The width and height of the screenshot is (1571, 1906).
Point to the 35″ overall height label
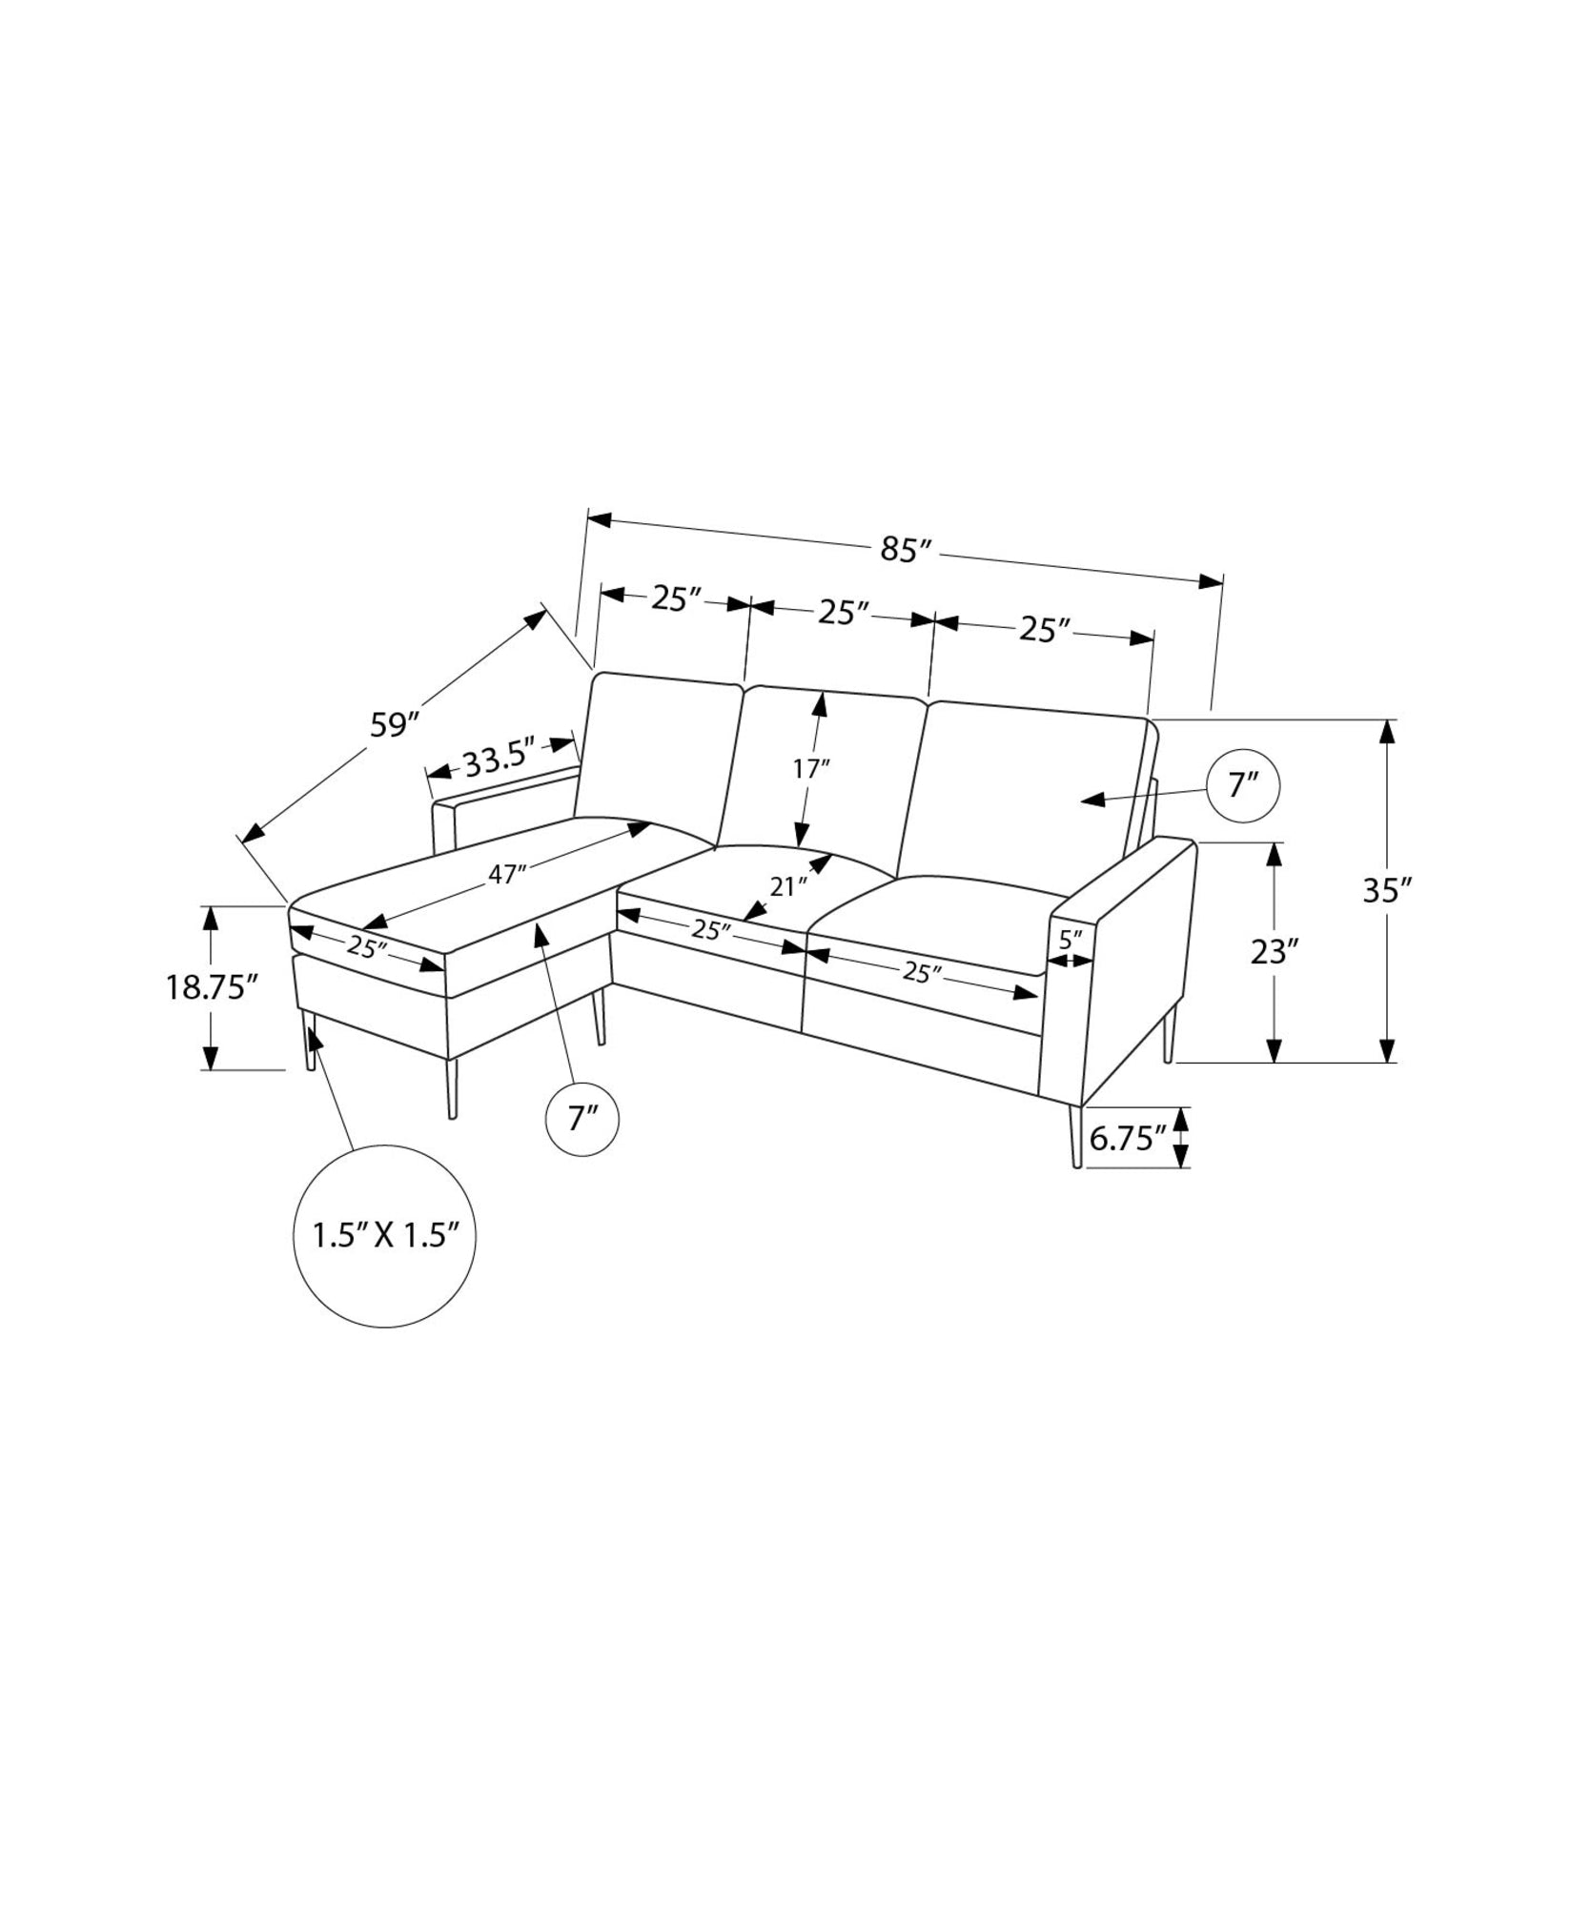1386,890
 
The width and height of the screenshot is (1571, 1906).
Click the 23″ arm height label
1275,951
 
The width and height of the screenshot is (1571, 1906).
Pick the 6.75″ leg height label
1128,1138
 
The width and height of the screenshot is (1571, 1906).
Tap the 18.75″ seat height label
213,986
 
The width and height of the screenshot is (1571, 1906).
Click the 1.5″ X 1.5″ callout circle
384,1235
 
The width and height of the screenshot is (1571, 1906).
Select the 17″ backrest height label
810,768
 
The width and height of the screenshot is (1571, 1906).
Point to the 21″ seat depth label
787,886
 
